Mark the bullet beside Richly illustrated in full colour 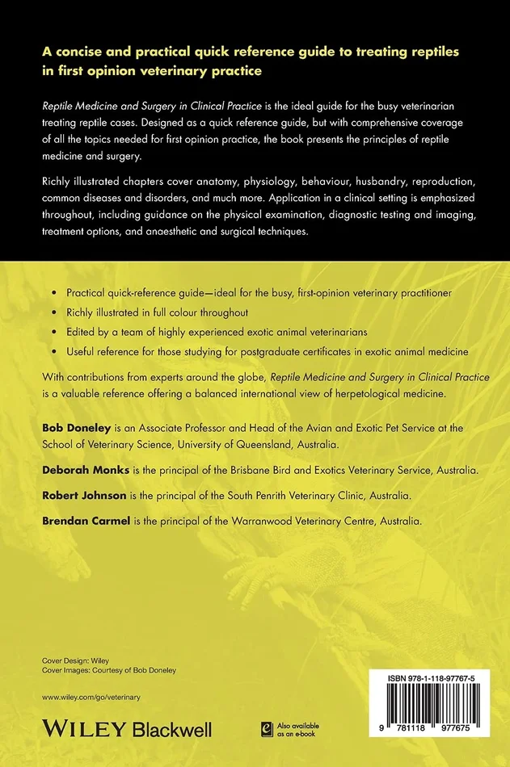tap(53, 312)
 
